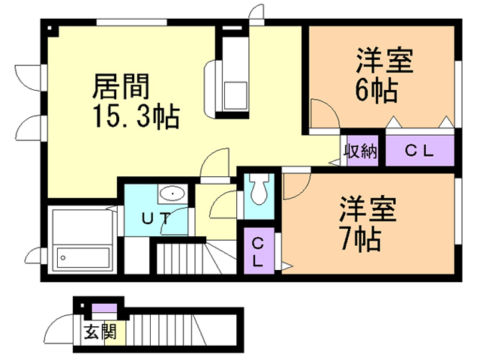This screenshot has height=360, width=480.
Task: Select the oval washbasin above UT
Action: (x=173, y=193)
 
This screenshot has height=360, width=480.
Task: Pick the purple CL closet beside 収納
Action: (x=419, y=150)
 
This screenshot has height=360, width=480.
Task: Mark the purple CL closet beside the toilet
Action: (x=257, y=253)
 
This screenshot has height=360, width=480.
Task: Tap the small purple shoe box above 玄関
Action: (x=100, y=308)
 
